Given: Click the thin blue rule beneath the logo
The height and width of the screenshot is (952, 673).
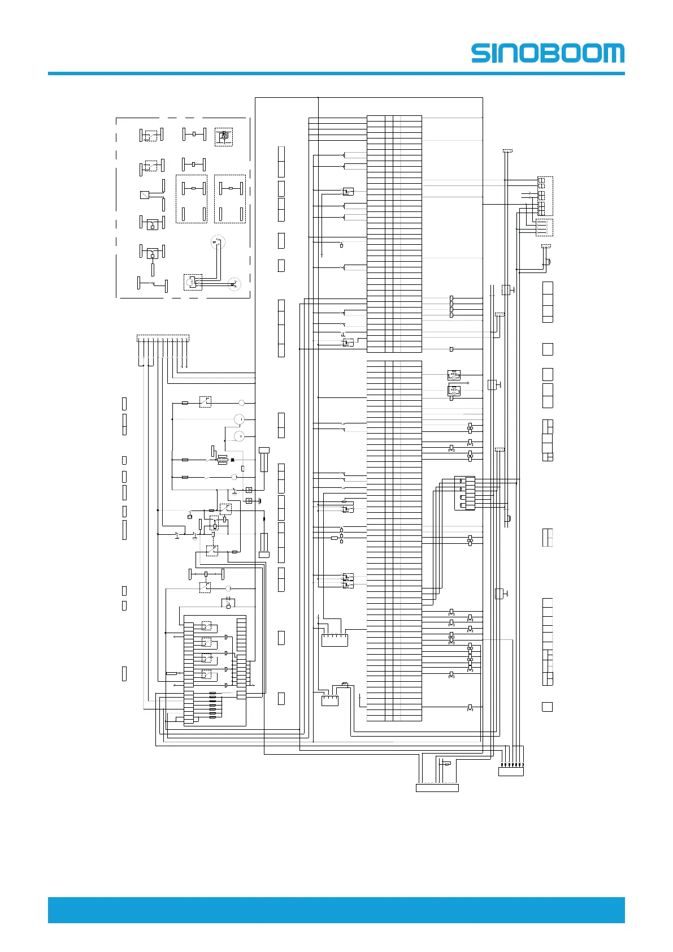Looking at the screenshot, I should point(336,73).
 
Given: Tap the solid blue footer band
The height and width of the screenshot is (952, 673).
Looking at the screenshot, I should point(336,910).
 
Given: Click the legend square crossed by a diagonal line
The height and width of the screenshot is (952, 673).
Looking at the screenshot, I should point(145,195).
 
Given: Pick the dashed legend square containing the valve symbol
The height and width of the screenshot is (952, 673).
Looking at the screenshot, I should point(224,136).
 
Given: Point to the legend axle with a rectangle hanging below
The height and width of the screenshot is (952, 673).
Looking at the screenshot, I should point(152,254).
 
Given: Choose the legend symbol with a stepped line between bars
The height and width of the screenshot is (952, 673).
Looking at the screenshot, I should point(153,284).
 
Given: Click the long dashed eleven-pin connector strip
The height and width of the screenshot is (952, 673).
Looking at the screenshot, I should point(163,338).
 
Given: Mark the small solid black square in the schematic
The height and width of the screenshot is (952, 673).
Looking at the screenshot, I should point(232,460).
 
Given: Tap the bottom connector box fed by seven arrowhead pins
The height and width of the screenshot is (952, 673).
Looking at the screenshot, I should point(511,772).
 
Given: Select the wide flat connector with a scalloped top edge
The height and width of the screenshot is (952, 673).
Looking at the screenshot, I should point(437,787).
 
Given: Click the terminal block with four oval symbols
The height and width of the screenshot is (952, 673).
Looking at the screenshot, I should point(464,493).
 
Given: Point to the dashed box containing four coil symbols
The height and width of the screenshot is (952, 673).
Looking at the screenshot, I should point(544,227).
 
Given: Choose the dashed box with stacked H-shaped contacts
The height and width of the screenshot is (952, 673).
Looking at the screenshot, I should point(544,196).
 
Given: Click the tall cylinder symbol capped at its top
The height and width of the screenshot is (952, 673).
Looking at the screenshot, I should point(264,460).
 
